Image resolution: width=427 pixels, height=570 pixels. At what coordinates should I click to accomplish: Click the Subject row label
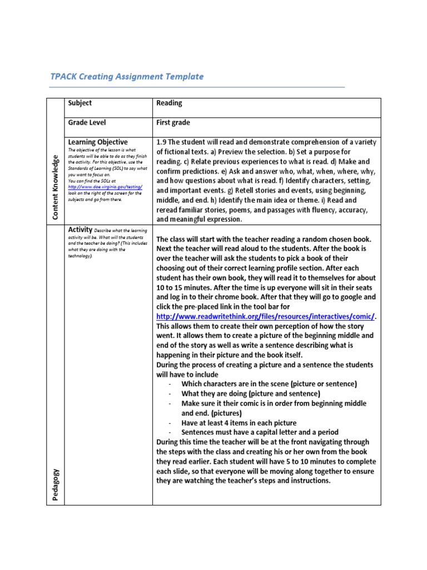tap(80, 103)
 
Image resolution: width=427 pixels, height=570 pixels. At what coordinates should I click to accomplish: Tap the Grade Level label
tap(87, 122)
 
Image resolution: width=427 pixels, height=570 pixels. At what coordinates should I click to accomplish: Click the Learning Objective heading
tap(98, 142)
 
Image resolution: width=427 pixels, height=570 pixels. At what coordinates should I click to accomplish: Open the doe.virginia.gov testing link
tap(105, 187)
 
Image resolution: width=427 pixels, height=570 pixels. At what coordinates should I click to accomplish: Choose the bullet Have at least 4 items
tap(239, 423)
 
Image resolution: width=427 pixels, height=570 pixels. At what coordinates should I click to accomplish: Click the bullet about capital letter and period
tap(260, 433)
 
